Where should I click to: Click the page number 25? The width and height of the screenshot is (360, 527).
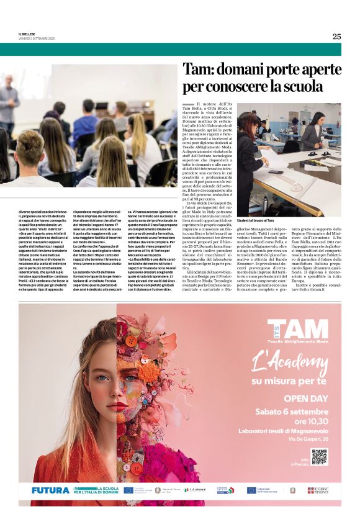pyautogui.click(x=336, y=36)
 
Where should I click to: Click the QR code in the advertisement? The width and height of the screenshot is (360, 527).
pyautogui.click(x=318, y=457)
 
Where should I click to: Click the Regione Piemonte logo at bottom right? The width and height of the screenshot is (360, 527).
pyautogui.click(x=318, y=490)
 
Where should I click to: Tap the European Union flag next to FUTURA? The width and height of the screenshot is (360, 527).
pyautogui.click(x=128, y=490)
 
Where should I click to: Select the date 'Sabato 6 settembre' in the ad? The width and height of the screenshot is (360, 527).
pyautogui.click(x=292, y=412)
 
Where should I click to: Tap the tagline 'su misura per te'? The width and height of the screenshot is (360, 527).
pyautogui.click(x=289, y=380)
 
